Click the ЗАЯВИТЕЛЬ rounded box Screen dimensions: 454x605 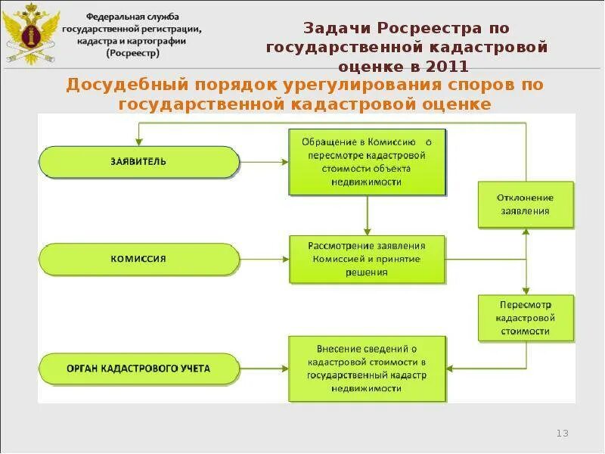pyautogui.click(x=138, y=162)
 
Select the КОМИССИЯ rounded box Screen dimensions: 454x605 pyautogui.click(x=138, y=259)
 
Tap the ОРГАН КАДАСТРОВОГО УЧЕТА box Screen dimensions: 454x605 pyautogui.click(x=138, y=369)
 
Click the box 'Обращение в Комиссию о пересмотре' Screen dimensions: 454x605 pyautogui.click(x=367, y=162)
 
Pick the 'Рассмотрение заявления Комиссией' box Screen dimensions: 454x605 pyautogui.click(x=367, y=259)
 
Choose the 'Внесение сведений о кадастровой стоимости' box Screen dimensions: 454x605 pyautogui.click(x=367, y=368)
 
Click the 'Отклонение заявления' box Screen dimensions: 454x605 pyautogui.click(x=525, y=204)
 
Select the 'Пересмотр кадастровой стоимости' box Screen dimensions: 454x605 pyautogui.click(x=526, y=317)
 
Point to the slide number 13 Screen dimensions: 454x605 pyautogui.click(x=562, y=433)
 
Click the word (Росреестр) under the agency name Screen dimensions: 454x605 pyautogui.click(x=132, y=54)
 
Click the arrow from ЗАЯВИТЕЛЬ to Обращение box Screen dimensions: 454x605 pyautogui.click(x=264, y=161)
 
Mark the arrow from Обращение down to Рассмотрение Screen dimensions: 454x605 pyautogui.click(x=367, y=216)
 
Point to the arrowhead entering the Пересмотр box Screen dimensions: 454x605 pyautogui.click(x=526, y=291)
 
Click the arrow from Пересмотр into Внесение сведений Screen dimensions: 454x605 pyautogui.click(x=461, y=368)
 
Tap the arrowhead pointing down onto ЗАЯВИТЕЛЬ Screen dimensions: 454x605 pyautogui.click(x=138, y=141)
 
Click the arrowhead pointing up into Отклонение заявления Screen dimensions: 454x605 pyautogui.click(x=526, y=232)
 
